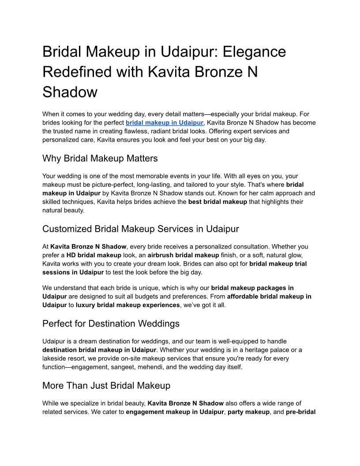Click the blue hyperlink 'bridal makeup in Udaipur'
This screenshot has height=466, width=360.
(x=165, y=123)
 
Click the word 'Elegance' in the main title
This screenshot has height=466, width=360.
(x=254, y=52)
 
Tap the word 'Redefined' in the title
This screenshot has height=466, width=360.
(x=82, y=71)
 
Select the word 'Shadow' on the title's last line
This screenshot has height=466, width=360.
(x=70, y=92)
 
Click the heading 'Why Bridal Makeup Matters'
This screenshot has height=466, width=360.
(x=100, y=158)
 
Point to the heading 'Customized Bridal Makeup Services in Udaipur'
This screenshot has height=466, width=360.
(x=140, y=229)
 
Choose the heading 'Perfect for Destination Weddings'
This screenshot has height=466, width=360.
(x=111, y=323)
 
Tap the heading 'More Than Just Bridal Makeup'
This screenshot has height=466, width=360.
(x=106, y=386)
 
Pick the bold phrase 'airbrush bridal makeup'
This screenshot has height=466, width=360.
(x=183, y=255)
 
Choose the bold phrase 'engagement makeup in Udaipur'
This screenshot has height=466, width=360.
(x=175, y=412)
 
